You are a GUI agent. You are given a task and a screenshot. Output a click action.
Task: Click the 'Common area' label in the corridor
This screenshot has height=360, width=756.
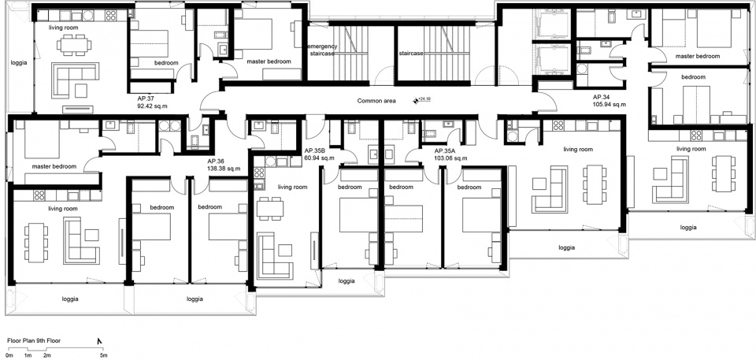coord(376,101)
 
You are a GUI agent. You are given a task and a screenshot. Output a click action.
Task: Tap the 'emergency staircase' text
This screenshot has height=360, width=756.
coord(323,50)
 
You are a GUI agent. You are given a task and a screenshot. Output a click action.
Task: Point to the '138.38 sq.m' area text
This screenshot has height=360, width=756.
coord(224,169)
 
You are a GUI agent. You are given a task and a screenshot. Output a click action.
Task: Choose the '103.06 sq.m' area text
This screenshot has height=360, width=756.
coord(451,158)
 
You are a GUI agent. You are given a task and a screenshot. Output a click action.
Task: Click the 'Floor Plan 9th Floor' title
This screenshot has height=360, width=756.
coord(34,340)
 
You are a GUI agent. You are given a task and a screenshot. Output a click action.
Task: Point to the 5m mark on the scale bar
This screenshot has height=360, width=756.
coord(104,355)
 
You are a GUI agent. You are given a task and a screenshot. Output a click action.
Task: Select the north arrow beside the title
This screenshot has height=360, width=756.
coord(100,341)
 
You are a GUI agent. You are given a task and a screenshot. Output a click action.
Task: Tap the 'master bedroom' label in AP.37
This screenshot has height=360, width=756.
coord(269,61)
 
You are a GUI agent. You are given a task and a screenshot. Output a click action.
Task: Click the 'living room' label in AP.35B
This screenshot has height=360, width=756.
coord(292,187)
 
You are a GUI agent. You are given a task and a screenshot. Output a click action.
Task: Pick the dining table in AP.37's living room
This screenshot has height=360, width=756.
coord(74,45)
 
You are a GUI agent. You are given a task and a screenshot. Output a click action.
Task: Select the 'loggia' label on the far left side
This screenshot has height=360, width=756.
coord(19,63)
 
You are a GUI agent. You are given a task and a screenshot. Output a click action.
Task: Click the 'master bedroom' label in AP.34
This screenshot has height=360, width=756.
coord(697,57)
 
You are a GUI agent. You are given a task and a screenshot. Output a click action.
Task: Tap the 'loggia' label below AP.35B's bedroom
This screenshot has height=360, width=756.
coord(346,281)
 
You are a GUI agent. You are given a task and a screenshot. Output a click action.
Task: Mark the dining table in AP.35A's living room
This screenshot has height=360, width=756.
coord(595,184)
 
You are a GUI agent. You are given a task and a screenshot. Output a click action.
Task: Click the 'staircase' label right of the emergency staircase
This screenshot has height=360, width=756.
coord(411,54)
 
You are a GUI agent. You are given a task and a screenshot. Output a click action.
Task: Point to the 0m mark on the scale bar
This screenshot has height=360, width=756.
coord(9,355)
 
